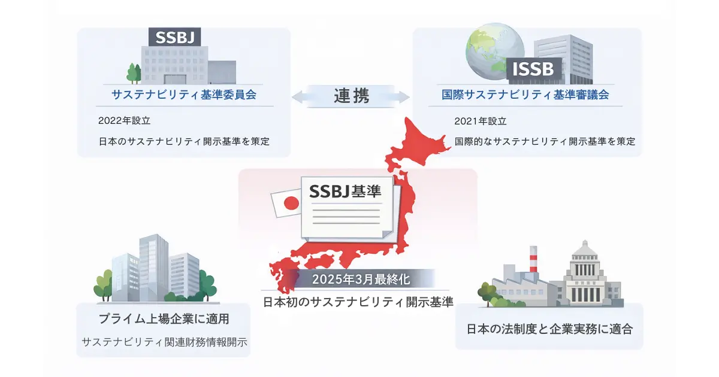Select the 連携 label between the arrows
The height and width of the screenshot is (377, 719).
tap(351, 96)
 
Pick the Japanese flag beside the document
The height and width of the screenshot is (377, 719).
tap(285, 204)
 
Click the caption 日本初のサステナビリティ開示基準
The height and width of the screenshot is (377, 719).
tap(358, 302)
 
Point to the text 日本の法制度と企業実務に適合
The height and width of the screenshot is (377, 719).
tap(549, 329)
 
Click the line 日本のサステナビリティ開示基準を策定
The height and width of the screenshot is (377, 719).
tap(184, 142)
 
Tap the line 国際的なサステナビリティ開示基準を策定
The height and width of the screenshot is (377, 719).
tap(545, 142)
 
